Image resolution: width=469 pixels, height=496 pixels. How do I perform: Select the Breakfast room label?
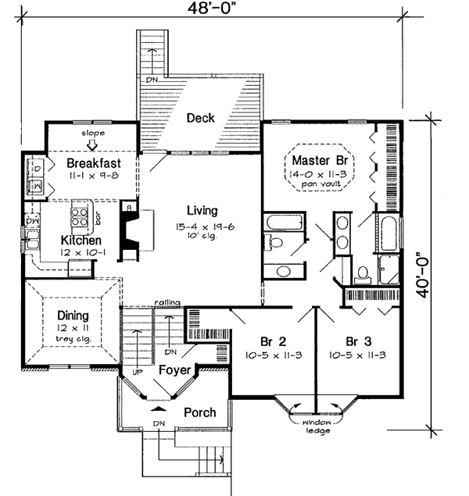point(91,163)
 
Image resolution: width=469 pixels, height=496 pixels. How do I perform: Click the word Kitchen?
point(81,241)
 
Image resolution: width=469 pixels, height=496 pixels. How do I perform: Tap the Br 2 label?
point(274,341)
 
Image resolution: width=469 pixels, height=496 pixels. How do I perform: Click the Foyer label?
point(173,371)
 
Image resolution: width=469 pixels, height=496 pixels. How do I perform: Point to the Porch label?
point(199,412)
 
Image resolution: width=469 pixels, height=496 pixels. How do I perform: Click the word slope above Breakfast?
point(93,134)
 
